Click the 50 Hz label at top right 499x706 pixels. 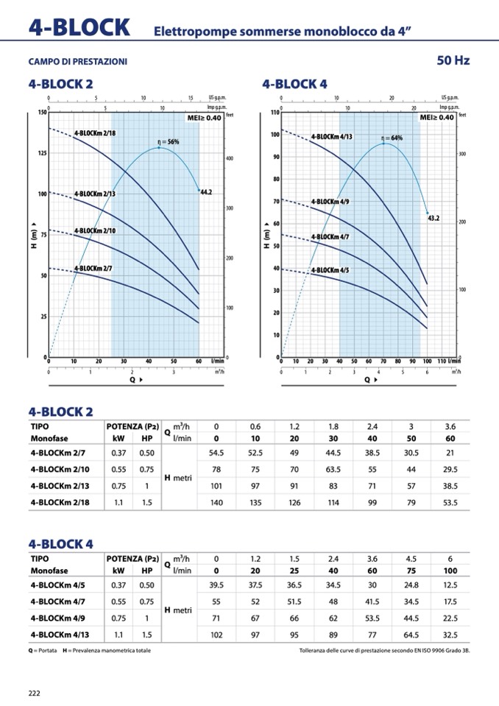click(453, 60)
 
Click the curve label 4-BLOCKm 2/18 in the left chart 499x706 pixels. click(100, 133)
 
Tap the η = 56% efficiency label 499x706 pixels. click(169, 142)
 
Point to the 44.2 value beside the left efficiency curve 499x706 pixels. click(206, 192)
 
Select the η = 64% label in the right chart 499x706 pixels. click(392, 138)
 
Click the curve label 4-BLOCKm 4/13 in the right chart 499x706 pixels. click(331, 137)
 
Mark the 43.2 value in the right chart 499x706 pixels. click(433, 218)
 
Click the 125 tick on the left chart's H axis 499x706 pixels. click(42, 153)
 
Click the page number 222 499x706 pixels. click(35, 693)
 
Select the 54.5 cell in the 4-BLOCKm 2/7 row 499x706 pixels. click(216, 453)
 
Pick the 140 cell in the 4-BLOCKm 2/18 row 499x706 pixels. click(216, 503)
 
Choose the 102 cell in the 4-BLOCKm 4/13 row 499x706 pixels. click(216, 633)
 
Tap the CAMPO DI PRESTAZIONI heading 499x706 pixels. click(77, 62)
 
